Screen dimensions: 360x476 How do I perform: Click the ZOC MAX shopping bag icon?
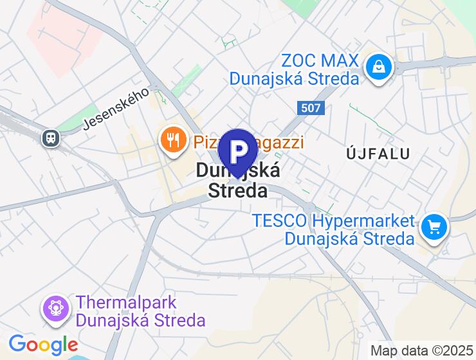[380, 66]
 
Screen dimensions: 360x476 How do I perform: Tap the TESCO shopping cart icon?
[435, 227]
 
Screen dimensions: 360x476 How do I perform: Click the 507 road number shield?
[311, 108]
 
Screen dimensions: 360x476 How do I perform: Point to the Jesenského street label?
[116, 110]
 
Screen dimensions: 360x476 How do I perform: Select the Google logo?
[43, 345]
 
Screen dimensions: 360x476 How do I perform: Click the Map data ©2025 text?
[422, 351]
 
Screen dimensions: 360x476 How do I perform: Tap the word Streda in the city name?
[238, 190]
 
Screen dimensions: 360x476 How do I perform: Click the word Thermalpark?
[126, 302]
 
